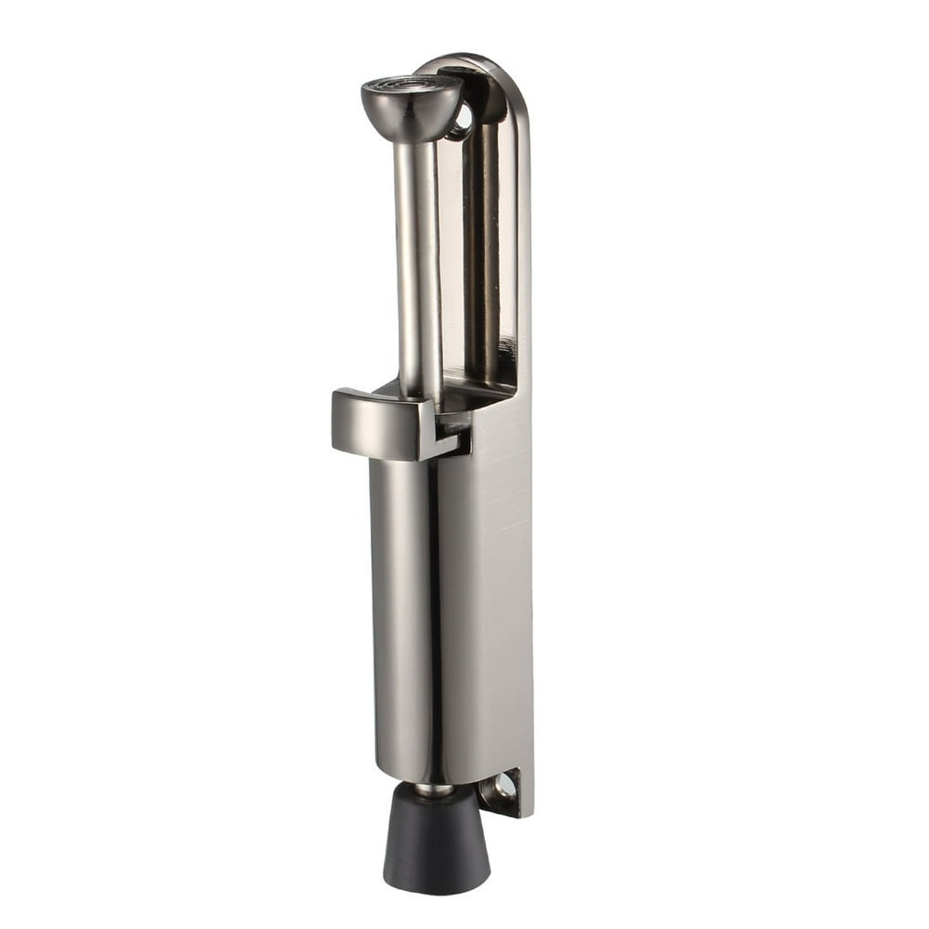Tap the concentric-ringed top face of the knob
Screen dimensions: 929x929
click(x=411, y=87)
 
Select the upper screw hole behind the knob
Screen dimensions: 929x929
click(x=462, y=121)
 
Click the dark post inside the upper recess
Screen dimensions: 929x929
click(x=482, y=251)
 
